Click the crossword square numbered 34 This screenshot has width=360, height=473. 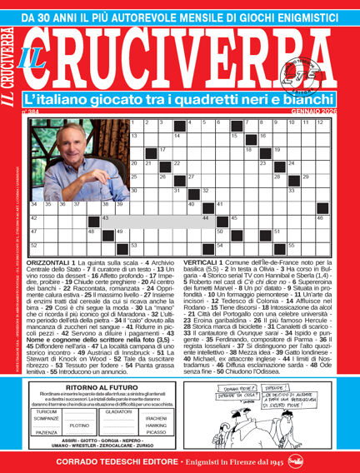36,207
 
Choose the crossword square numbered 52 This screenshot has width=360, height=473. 36,247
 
